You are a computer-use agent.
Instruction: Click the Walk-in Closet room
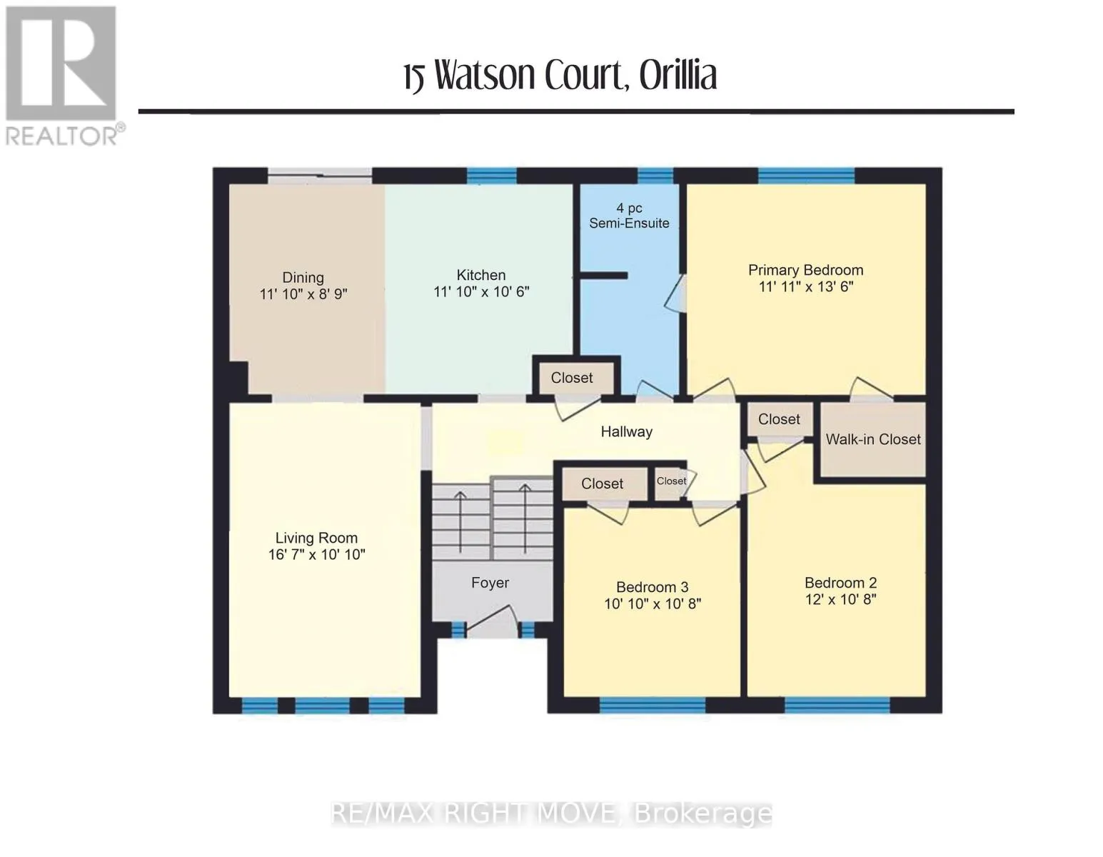(x=872, y=440)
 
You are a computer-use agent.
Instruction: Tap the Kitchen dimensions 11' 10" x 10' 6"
(x=481, y=292)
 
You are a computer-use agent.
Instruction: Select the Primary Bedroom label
(x=805, y=270)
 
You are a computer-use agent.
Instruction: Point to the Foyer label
(x=490, y=583)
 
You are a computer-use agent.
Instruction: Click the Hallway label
(x=626, y=432)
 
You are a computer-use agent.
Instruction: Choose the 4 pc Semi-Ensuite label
(x=629, y=216)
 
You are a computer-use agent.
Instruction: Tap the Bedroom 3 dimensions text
(x=653, y=604)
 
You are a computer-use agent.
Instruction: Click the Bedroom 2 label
(x=840, y=583)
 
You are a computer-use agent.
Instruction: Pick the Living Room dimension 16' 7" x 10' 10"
(x=316, y=554)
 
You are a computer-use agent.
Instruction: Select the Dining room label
(x=303, y=278)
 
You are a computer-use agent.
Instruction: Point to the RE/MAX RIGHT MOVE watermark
(x=551, y=814)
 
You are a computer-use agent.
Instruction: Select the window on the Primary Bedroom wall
(x=806, y=176)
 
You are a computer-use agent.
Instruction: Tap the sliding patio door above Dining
(x=320, y=176)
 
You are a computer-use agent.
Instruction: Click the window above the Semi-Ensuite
(x=655, y=176)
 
